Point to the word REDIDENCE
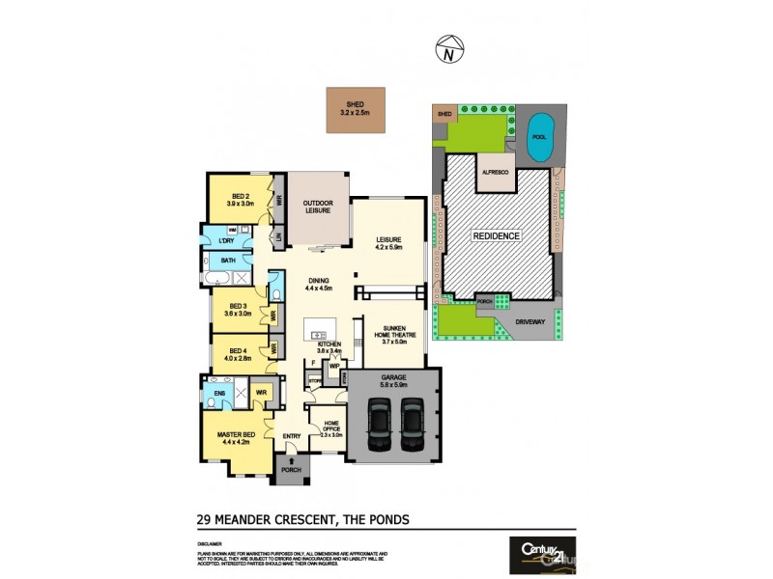pyautogui.click(x=496, y=235)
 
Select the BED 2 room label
pyautogui.click(x=240, y=200)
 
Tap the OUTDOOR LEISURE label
pyautogui.click(x=318, y=207)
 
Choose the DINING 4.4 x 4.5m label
pyautogui.click(x=318, y=284)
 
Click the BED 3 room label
pyautogui.click(x=238, y=309)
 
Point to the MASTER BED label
pyautogui.click(x=237, y=438)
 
